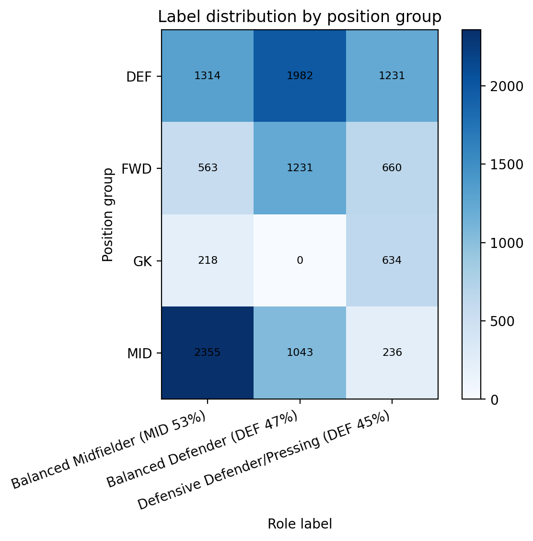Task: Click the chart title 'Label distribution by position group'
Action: (300, 17)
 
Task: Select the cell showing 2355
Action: (208, 353)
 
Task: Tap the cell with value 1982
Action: (300, 76)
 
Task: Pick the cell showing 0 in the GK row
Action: (300, 260)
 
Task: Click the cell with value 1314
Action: (208, 76)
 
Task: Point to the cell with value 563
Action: (208, 168)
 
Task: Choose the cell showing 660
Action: (392, 168)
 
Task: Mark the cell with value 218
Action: (208, 260)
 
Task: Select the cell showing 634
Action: (392, 260)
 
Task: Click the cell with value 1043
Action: (300, 353)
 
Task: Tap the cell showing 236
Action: (392, 353)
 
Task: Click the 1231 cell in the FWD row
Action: (300, 168)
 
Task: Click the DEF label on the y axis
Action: (139, 77)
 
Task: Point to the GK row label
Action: (143, 261)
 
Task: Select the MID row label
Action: (139, 353)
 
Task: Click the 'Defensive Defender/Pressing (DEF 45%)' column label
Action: (264, 460)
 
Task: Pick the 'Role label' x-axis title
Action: (300, 524)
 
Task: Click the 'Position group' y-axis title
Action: (108, 214)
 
